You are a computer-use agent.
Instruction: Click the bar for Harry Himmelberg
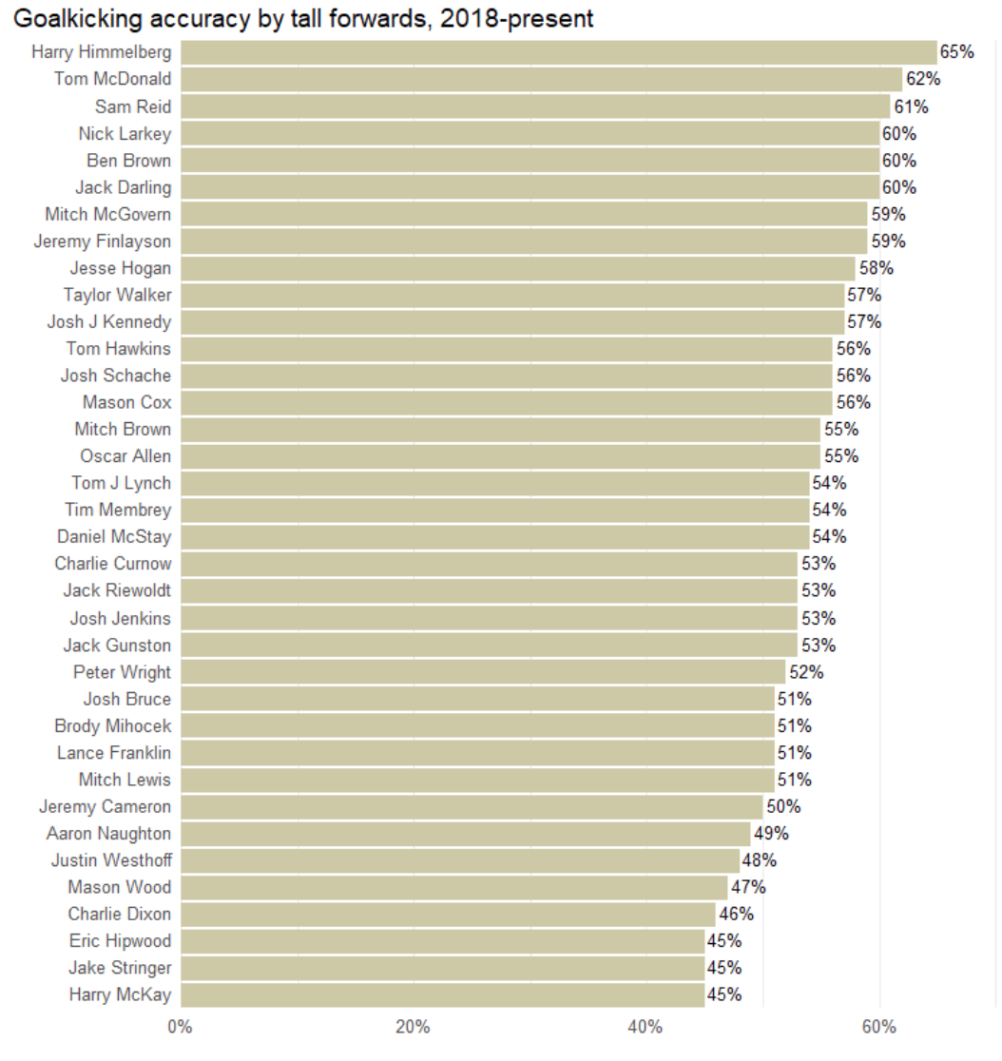click(x=558, y=52)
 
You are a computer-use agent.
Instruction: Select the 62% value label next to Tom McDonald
click(x=923, y=79)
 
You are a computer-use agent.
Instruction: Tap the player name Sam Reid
click(x=133, y=106)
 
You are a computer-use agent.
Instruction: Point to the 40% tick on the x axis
click(x=646, y=1027)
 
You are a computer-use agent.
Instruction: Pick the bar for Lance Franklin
click(x=477, y=753)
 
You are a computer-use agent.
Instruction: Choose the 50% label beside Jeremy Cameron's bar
click(x=783, y=807)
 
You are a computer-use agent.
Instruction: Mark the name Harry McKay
click(x=120, y=995)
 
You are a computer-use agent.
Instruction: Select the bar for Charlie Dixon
click(x=448, y=915)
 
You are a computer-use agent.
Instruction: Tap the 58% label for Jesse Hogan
click(x=877, y=268)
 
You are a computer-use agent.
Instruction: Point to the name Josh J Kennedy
click(x=109, y=322)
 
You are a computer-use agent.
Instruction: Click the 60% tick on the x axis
click(x=879, y=1027)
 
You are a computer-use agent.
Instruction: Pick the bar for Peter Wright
click(x=483, y=672)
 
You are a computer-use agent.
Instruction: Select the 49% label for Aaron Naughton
click(x=771, y=834)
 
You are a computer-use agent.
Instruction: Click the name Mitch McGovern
click(x=108, y=214)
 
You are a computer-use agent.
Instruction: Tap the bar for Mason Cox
click(x=506, y=402)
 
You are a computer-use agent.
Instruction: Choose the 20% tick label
click(x=413, y=1027)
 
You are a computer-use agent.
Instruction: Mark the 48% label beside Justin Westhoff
click(x=760, y=860)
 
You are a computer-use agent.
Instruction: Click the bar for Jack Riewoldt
click(x=489, y=591)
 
